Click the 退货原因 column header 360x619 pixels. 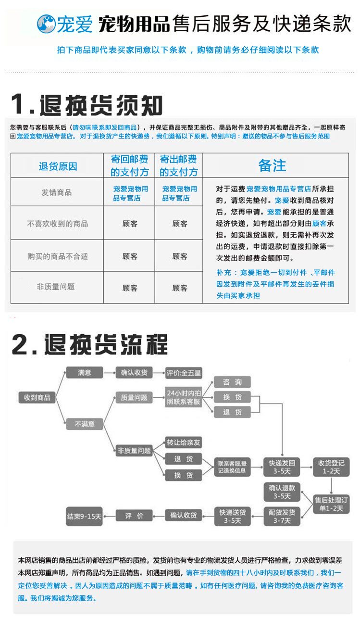(58, 166)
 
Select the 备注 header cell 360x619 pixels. (272, 165)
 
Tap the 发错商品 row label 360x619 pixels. (57, 192)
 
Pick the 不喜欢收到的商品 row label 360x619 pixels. (57, 224)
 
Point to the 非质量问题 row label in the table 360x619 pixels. (56, 287)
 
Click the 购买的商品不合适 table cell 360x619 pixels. (57, 256)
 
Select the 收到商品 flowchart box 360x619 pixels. (37, 398)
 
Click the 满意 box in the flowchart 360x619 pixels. (85, 372)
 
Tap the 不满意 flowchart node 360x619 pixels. (85, 424)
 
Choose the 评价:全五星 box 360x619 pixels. (184, 373)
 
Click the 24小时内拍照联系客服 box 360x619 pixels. (184, 397)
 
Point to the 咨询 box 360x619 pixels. (233, 382)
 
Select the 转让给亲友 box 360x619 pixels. (184, 442)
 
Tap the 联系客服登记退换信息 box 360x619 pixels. (233, 467)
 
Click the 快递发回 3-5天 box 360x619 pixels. (282, 467)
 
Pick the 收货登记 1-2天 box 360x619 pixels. (331, 467)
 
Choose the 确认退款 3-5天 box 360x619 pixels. (282, 492)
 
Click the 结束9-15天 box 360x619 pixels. (85, 516)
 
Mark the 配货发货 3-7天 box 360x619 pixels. (282, 517)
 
